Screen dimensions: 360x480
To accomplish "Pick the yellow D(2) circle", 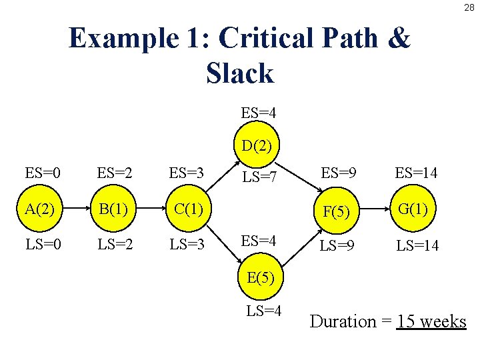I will (257, 145).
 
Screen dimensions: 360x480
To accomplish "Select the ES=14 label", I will (417, 174).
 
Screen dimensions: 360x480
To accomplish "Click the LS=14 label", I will (417, 246).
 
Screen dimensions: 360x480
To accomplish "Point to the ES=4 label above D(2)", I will (259, 113).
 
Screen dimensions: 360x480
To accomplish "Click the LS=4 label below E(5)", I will (264, 311).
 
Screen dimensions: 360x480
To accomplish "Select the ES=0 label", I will (43, 174).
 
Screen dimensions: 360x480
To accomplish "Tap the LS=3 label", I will (187, 245).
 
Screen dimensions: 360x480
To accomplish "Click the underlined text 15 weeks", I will (431, 321).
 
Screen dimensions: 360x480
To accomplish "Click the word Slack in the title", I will (240, 73).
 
